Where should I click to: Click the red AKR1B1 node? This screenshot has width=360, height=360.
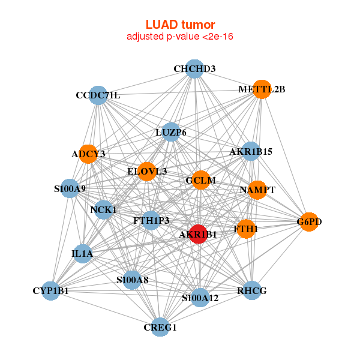pos(198,234)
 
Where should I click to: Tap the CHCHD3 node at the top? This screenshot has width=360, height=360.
pos(194,69)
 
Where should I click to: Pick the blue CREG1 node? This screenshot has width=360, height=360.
pos(160,326)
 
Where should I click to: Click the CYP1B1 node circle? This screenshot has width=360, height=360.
pos(52,290)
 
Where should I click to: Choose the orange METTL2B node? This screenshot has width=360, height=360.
pos(262,89)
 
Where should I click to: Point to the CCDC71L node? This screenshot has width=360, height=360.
pos(98,95)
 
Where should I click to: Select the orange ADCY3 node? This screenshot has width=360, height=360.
pos(89,154)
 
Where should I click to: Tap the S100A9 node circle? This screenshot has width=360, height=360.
pos(70,188)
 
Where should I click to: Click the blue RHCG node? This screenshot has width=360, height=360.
pos(252,290)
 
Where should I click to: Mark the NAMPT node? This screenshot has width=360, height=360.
pos(257,190)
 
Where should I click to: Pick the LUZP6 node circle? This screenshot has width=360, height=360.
pos(171,132)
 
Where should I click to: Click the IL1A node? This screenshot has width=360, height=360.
pos(82,253)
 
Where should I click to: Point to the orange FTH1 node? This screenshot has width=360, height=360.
pos(245,229)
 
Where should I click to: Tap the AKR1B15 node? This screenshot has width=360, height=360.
pos(251,151)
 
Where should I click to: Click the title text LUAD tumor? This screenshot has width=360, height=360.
pos(180,25)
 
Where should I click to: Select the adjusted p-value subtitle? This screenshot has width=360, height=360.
pos(180,37)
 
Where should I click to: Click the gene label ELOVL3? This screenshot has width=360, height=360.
pos(147,172)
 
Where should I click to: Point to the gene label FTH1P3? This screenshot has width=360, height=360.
pos(151,220)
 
